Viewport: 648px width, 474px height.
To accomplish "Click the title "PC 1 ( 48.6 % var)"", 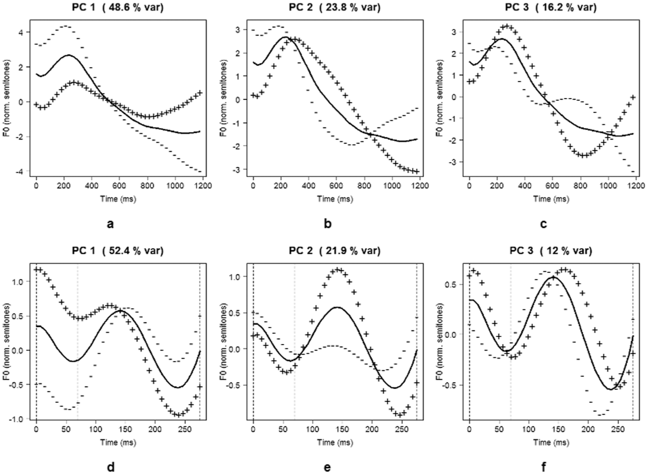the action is coord(118,7).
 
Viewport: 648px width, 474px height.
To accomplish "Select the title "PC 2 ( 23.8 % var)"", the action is coord(335,7).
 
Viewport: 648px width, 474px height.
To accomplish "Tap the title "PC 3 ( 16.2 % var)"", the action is coord(551,7).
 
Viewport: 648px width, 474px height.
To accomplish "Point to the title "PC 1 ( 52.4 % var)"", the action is coord(118,251).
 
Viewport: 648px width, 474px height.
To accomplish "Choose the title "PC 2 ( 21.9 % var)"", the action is coord(335,251).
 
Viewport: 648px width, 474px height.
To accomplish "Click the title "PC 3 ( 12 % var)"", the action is coord(551,251).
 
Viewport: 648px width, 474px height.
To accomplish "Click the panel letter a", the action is coord(110,224).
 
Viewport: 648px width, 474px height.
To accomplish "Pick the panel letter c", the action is coord(543,224).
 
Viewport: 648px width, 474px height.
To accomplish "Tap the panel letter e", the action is coord(327,468).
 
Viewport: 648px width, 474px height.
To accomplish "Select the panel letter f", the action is coord(544,466).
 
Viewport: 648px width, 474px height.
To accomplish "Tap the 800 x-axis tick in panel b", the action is coord(364,185).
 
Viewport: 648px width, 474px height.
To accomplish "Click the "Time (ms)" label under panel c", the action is coord(551,199).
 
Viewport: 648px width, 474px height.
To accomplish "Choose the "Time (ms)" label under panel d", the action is coord(118,442).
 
